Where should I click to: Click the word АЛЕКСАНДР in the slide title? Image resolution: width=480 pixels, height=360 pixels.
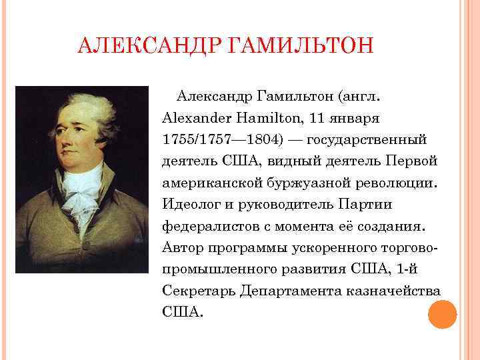click(151, 49)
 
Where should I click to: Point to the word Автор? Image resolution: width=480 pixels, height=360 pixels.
click(181, 247)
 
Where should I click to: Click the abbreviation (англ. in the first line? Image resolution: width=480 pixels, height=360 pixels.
click(361, 98)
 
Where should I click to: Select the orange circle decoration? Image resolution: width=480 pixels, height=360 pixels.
click(442, 313)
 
